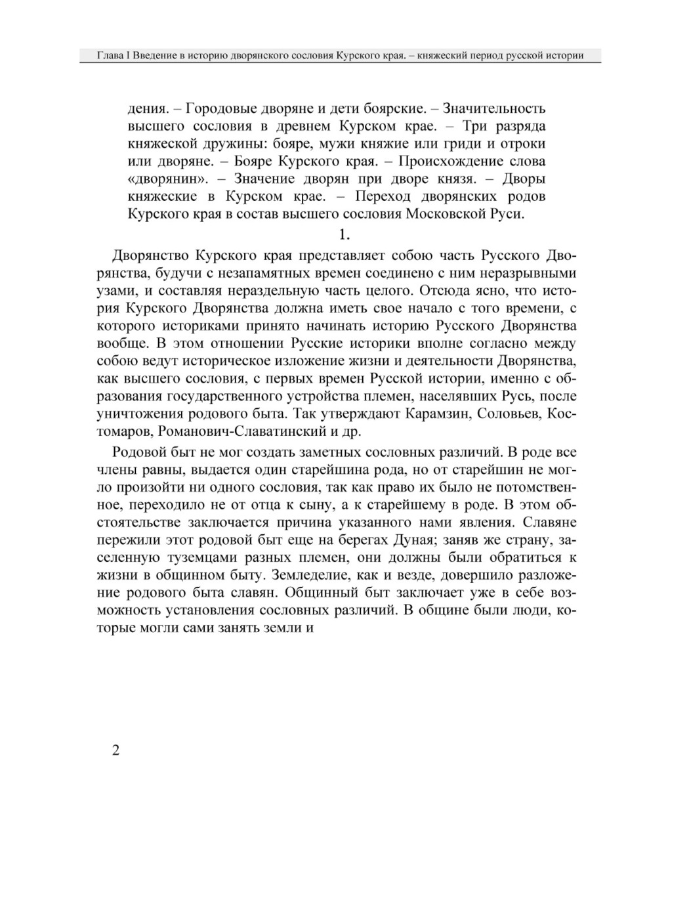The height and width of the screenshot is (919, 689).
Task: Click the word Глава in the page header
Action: (108, 56)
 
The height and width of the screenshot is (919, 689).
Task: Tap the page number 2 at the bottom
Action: (116, 751)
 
